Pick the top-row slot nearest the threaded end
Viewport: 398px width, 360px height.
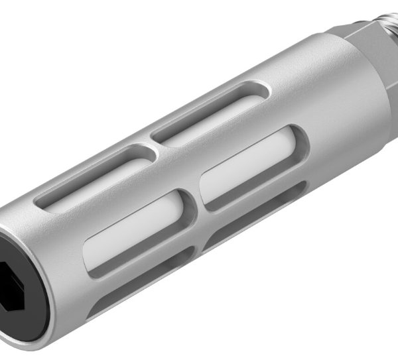(x=212, y=113)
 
